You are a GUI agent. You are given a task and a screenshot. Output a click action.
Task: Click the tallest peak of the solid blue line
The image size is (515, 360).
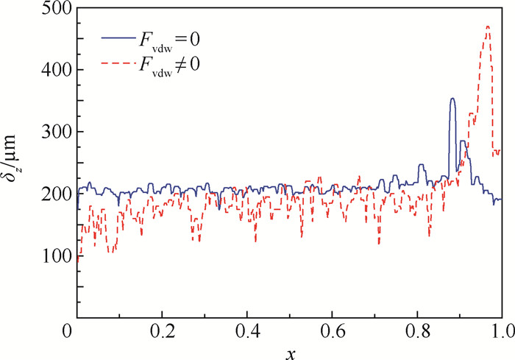point(452,99)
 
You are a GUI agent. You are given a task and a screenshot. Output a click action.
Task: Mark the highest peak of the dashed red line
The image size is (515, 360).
point(488,27)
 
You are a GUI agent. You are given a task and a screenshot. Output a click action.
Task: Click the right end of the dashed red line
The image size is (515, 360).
point(501,152)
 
